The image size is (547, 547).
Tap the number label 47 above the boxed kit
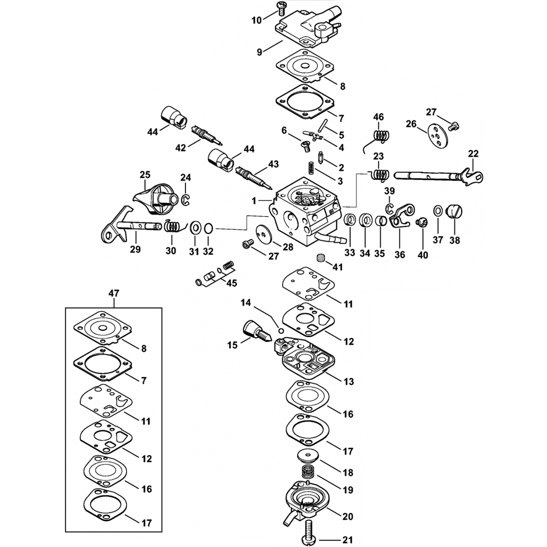coord(113,294)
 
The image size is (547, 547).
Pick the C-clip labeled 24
coord(186,200)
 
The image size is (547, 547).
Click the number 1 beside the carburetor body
coord(254,201)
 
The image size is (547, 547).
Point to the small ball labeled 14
coord(280,330)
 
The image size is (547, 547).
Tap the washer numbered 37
coord(438,211)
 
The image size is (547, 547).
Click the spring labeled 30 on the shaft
coord(173,225)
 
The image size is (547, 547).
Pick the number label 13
coord(348,381)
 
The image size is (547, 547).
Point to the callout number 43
coord(273,164)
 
